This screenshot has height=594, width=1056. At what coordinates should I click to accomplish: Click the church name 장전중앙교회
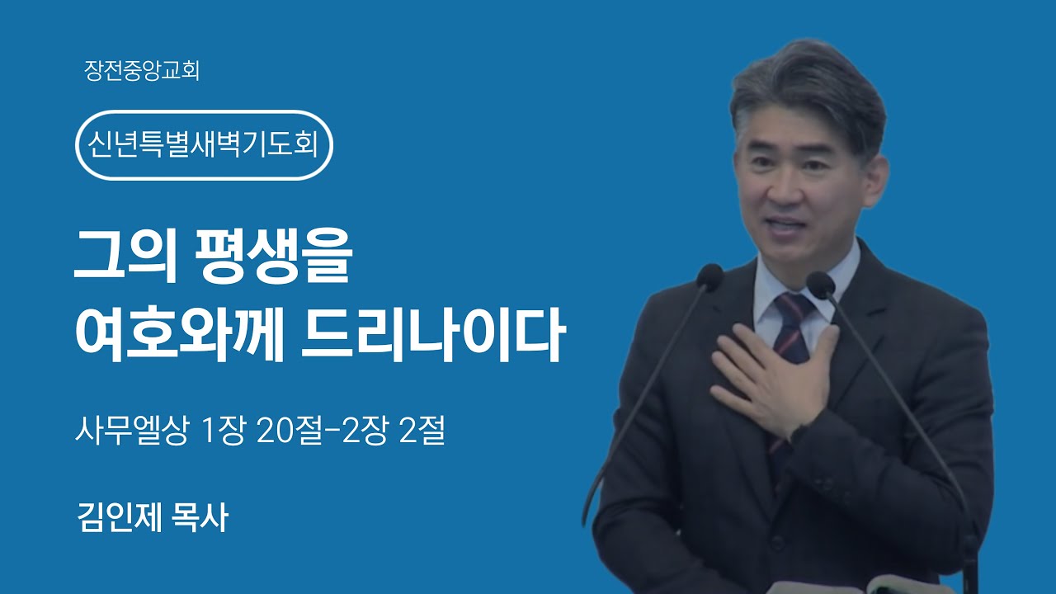pyautogui.click(x=142, y=71)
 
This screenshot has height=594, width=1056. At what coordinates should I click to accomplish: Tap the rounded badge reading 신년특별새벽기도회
pyautogui.click(x=204, y=145)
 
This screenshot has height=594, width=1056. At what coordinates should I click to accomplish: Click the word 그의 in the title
pyautogui.click(x=125, y=257)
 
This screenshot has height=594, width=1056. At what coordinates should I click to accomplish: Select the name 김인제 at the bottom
pyautogui.click(x=120, y=517)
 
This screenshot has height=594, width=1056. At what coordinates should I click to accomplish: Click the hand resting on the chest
pyautogui.click(x=773, y=377)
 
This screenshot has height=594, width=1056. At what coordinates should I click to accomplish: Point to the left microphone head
pyautogui.click(x=709, y=276)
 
